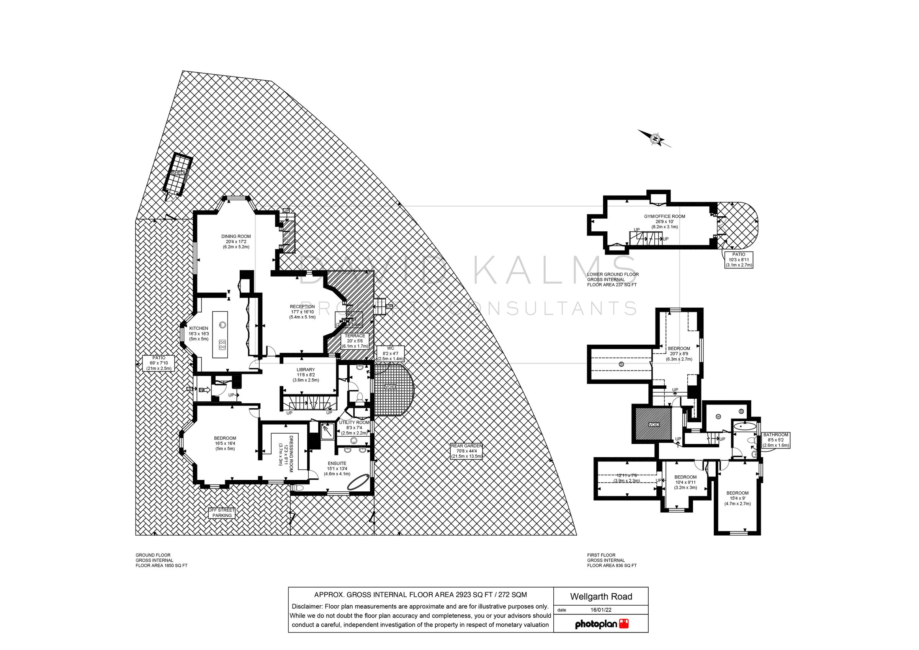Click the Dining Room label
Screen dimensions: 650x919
click(x=236, y=241)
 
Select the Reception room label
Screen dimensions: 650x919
click(x=302, y=311)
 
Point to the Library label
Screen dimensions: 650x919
click(x=306, y=375)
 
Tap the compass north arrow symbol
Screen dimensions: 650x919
click(x=655, y=139)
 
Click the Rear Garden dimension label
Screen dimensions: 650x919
click(x=466, y=450)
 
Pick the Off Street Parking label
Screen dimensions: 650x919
click(x=222, y=512)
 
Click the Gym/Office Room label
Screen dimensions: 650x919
click(x=664, y=221)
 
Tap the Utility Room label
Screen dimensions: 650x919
click(x=354, y=427)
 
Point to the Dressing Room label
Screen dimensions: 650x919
click(x=286, y=454)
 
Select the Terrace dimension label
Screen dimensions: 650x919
click(x=355, y=341)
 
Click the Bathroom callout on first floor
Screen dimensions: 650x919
click(x=776, y=440)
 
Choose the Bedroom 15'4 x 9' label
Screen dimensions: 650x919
click(x=737, y=498)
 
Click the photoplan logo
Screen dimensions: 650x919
click(x=602, y=624)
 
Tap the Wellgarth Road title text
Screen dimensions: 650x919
click(x=601, y=596)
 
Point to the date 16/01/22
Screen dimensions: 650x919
click(x=601, y=610)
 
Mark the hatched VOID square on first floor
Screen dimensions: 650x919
click(x=653, y=424)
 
